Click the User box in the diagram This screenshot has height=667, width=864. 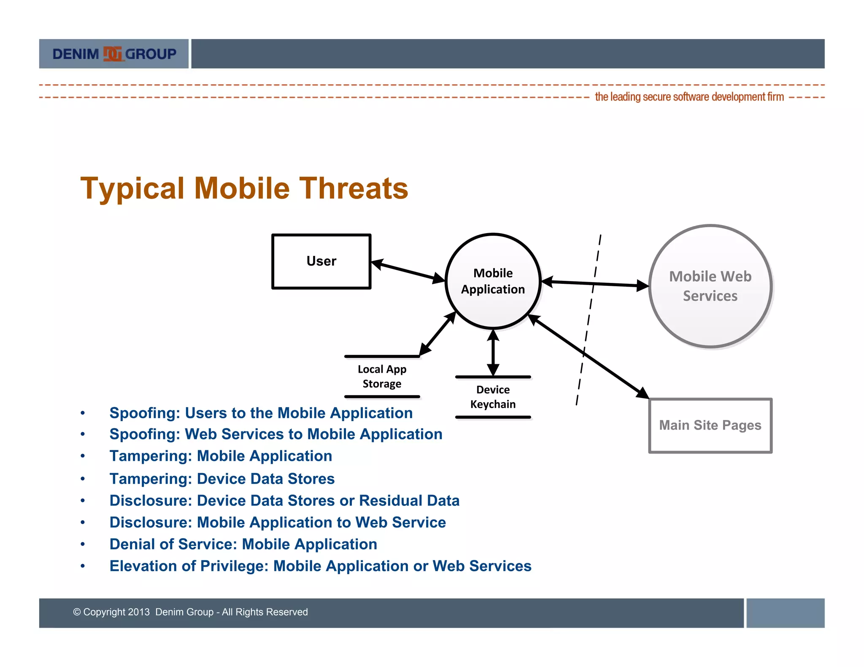tap(321, 261)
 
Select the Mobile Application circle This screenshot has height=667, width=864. tap(493, 281)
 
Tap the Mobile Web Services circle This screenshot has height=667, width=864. tap(710, 286)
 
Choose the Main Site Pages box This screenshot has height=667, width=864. tap(710, 425)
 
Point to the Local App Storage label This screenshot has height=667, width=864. tap(382, 377)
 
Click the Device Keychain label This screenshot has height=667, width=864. tap(493, 397)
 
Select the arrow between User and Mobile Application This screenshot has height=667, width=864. tap(408, 271)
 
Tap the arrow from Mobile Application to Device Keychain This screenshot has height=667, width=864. tap(493, 353)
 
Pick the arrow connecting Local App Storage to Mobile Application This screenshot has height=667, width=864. tap(437, 333)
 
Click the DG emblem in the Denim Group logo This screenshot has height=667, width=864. tap(112, 54)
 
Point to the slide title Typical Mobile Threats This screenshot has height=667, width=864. tap(244, 188)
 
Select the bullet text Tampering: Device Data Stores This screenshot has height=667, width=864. tap(222, 479)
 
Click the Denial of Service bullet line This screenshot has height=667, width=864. tap(243, 544)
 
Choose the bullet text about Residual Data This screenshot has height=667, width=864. tap(284, 501)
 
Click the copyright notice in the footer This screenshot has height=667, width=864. tap(190, 612)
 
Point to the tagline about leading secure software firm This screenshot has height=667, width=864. tap(689, 97)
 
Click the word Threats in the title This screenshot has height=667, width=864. tap(354, 188)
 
